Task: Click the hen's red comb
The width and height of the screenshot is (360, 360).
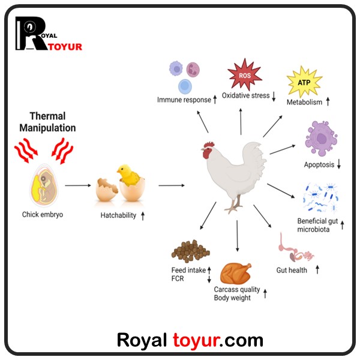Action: click(x=209, y=146)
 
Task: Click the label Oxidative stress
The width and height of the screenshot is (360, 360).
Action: click(x=245, y=96)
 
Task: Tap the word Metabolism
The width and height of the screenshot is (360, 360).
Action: click(x=304, y=103)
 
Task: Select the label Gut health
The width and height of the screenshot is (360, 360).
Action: click(x=292, y=270)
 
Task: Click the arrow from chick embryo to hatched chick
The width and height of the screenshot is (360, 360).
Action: click(x=77, y=186)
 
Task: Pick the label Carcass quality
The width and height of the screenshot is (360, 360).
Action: click(x=237, y=290)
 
